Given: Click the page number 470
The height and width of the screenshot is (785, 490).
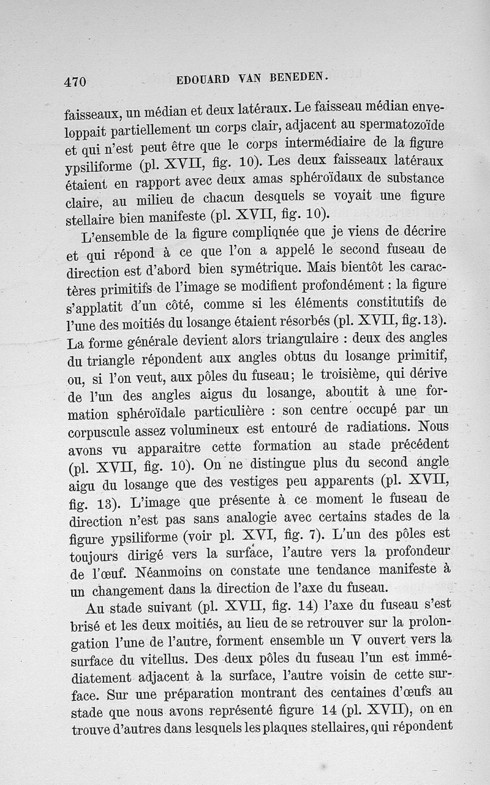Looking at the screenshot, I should pyautogui.click(x=75, y=81).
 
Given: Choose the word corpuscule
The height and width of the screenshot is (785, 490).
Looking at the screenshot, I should pyautogui.click(x=99, y=427).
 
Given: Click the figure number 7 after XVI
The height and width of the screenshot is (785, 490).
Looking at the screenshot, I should pyautogui.click(x=312, y=533).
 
